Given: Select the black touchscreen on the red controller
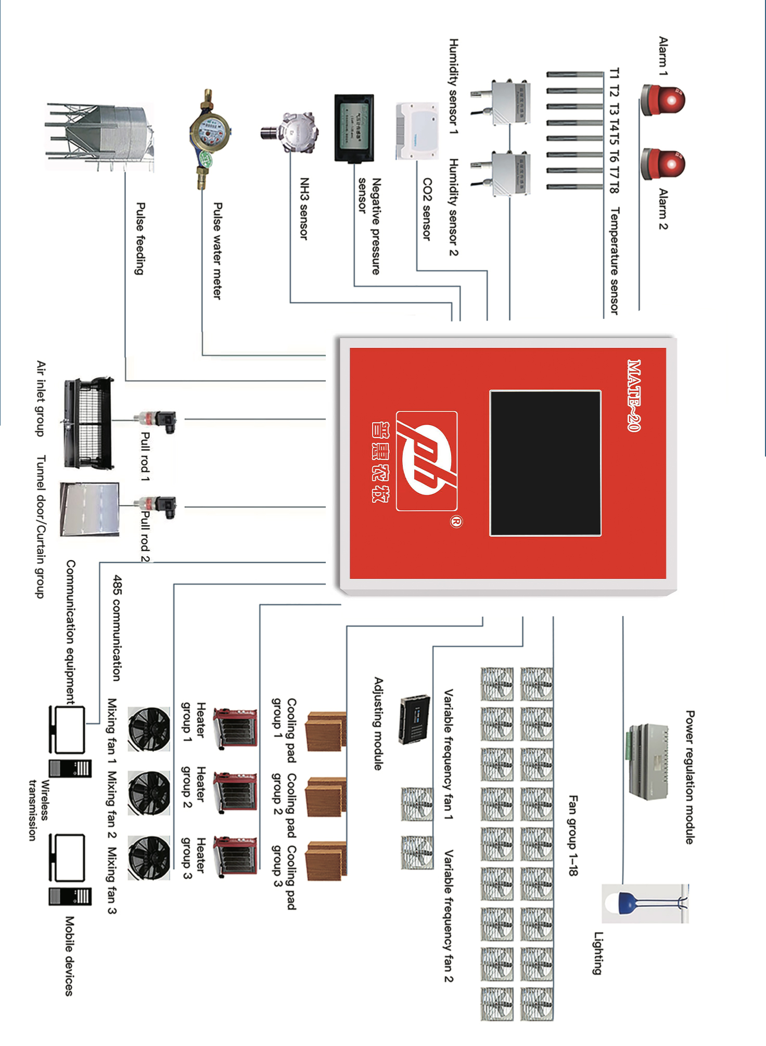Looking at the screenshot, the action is pos(545,463).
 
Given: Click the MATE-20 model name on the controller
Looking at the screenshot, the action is pos(633,396).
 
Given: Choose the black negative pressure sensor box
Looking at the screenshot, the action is pos(354,128).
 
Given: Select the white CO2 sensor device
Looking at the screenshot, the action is pos(417,131).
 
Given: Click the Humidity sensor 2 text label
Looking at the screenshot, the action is pos(454,207).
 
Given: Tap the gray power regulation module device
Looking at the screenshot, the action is pos(648,761).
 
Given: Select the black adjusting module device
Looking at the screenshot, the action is pos(415,719).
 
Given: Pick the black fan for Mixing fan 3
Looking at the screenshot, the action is pos(149,858).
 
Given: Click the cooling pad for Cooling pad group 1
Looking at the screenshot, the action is pos(326,731).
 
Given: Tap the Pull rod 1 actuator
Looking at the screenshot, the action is pos(155,419).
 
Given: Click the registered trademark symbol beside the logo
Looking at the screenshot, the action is pos(456,522).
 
